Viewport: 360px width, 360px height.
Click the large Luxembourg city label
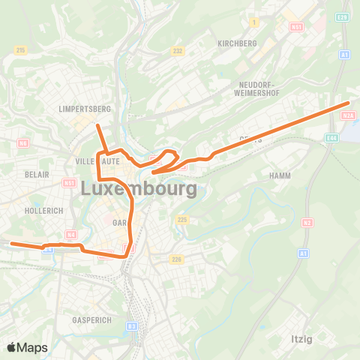click(x=138, y=188)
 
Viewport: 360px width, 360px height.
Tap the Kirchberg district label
click(x=237, y=43)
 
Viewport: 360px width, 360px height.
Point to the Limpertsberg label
click(x=84, y=109)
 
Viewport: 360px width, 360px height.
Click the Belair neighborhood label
click(x=37, y=174)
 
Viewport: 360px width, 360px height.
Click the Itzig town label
click(x=301, y=338)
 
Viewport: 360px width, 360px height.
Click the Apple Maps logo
click(x=27, y=347)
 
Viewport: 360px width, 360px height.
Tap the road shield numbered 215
click(x=20, y=50)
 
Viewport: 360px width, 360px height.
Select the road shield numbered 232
click(x=177, y=51)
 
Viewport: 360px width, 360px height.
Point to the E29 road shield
click(x=343, y=16)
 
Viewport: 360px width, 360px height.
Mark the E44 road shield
click(x=332, y=138)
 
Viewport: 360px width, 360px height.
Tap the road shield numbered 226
click(x=176, y=259)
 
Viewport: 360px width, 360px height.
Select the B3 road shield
click(x=132, y=325)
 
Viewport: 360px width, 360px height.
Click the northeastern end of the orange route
click(x=349, y=103)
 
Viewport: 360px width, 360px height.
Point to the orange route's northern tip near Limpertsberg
click(x=97, y=125)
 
